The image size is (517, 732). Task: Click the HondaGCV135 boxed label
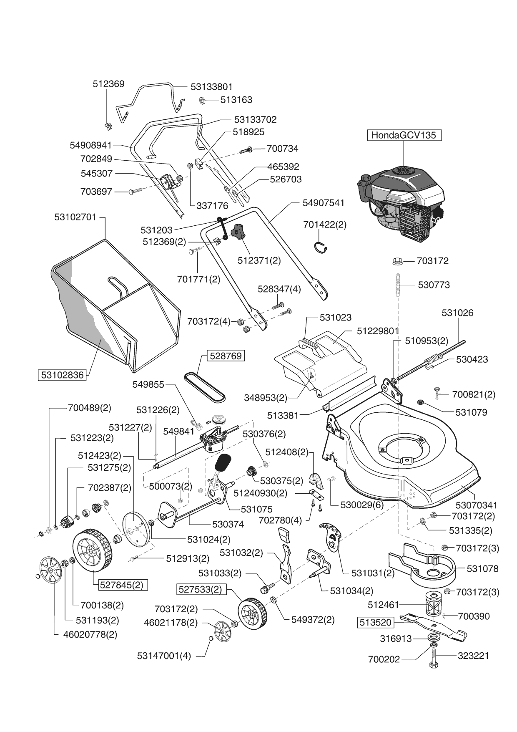coord(404,135)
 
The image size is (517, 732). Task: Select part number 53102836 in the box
coord(63,375)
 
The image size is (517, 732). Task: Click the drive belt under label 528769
coord(204,386)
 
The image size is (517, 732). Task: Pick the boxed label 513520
coord(376,623)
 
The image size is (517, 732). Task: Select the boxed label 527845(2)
coord(123,585)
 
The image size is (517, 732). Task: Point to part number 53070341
coord(476,505)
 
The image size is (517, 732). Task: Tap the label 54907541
coord(324,203)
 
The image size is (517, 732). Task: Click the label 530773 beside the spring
coord(434,285)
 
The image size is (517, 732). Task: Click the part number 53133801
coord(211,87)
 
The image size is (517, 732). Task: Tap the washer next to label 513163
coord(202,100)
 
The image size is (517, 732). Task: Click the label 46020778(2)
coord(90,634)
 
